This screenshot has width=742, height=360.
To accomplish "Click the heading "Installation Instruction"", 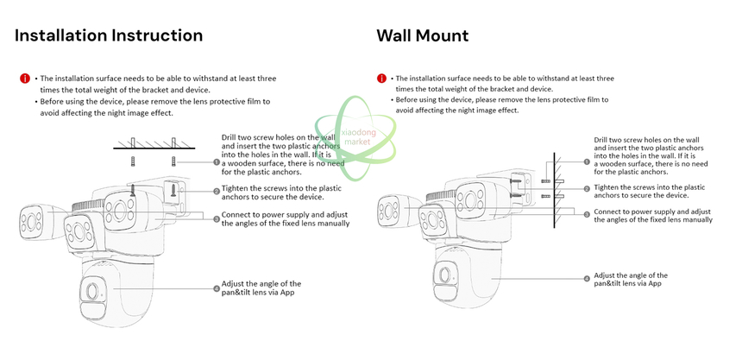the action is click(109, 35).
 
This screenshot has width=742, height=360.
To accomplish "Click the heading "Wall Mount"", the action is click(423, 35).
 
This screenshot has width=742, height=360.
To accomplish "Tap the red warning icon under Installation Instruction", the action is click(25, 79).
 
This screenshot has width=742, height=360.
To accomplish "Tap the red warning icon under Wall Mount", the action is click(381, 79).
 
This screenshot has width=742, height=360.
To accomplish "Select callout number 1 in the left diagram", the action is click(217, 162).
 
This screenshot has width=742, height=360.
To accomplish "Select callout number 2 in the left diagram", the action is click(217, 192).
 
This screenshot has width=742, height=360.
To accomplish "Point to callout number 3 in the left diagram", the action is click(217, 218).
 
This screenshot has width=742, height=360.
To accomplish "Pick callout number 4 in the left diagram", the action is click(217, 288).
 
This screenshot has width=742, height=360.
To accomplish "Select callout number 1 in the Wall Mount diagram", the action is click(587, 161).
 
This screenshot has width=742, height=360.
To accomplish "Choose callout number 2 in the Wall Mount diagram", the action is click(587, 188).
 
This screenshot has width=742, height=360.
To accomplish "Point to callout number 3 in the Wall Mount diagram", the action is click(587, 214).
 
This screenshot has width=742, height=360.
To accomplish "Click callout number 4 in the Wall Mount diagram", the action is click(587, 279).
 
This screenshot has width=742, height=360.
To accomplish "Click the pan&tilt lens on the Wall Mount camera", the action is click(444, 275).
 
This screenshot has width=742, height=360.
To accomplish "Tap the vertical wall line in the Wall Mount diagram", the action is click(554, 191).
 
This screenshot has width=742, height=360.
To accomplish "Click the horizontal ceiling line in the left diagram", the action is click(154, 148).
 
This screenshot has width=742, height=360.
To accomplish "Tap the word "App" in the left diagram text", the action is click(294, 293).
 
